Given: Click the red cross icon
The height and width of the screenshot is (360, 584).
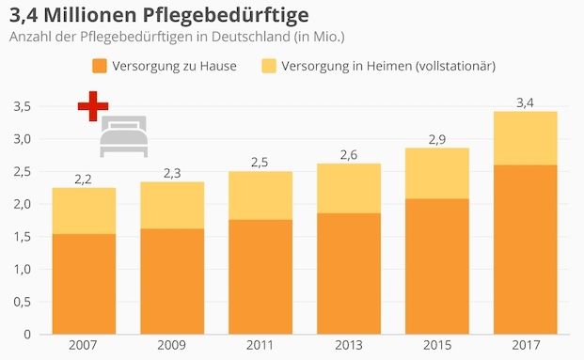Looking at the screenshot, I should [x=92, y=106].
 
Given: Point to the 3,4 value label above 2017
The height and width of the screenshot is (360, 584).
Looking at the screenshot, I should [x=525, y=101].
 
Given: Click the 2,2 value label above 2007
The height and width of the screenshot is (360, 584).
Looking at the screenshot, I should [x=82, y=178].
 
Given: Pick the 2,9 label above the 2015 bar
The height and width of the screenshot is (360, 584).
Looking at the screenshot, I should [x=436, y=138].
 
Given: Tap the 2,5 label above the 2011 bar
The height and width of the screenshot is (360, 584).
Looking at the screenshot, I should [x=260, y=162].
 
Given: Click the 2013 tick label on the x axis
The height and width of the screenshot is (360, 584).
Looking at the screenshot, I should [x=348, y=345].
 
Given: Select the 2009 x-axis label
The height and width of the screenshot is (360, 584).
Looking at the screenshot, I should [x=170, y=345].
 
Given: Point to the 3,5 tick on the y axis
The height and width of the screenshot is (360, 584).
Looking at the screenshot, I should [x=22, y=107].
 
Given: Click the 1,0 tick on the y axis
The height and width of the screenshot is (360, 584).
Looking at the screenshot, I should [x=22, y=270].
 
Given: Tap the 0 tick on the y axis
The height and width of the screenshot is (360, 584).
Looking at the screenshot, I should [x=27, y=335].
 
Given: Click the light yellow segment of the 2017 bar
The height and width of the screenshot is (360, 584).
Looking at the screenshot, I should [x=525, y=138].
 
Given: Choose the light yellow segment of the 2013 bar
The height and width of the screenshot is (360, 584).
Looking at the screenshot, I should [x=348, y=188].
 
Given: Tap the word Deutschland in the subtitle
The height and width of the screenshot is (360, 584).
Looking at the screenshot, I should [x=254, y=38].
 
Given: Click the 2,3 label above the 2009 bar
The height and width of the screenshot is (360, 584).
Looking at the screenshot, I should [x=171, y=172].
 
